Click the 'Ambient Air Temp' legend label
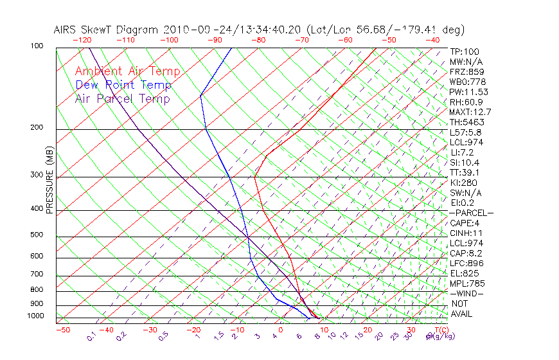tap(127, 71)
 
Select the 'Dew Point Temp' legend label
tap(123, 85)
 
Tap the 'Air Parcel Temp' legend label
tap(122, 98)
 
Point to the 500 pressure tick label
tap(37, 235)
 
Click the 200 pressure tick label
tap(37, 128)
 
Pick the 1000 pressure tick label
tap(35, 316)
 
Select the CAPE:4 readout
tap(465, 223)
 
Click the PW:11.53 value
tap(469, 92)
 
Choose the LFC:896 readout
tap(466, 263)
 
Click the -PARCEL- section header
tap(471, 213)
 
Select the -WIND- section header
tap(466, 293)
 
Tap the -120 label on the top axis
tap(82, 40)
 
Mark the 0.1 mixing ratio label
tap(92, 336)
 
